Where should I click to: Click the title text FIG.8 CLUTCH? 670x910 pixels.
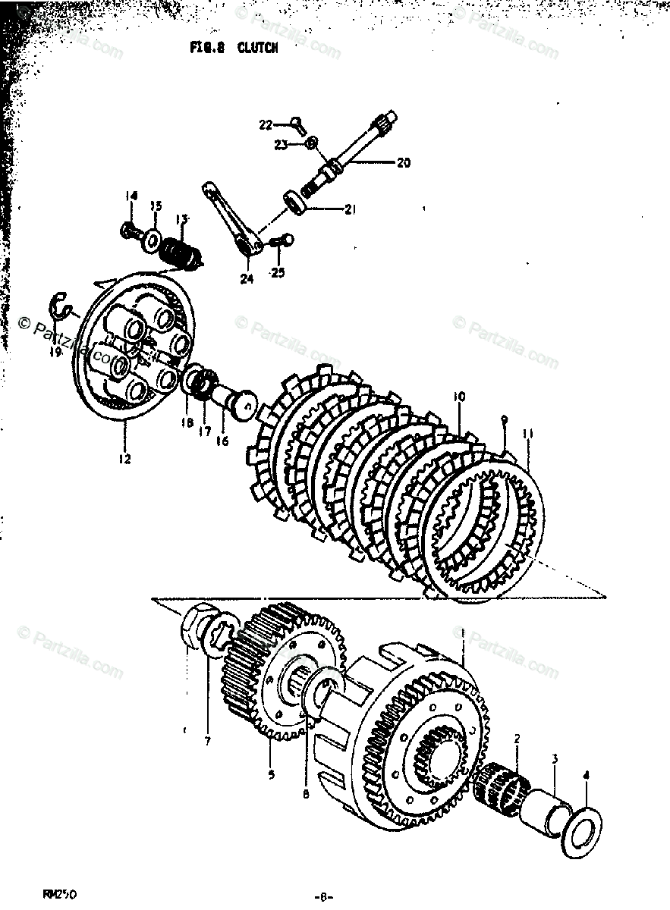233,48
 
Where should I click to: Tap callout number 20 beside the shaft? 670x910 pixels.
403,162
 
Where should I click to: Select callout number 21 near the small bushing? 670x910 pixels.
349,210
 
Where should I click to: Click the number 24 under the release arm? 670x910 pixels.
246,278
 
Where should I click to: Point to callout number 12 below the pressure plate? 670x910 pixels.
124,459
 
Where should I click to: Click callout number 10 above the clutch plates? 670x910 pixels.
458,396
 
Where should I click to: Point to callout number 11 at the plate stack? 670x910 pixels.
528,434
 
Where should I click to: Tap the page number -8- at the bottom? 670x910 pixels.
326,896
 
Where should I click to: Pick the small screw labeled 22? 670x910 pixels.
297,124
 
